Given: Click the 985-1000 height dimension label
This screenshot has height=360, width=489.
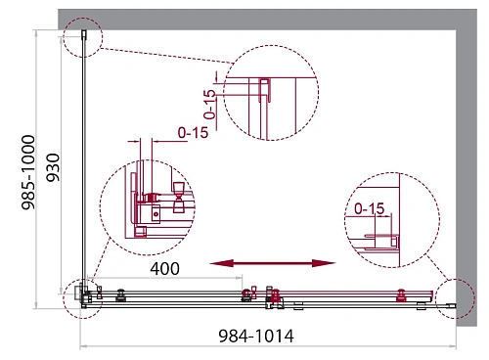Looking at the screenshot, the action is [27, 172].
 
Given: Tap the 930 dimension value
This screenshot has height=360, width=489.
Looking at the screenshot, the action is [53, 167].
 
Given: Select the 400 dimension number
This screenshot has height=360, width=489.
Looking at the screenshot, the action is [164, 268].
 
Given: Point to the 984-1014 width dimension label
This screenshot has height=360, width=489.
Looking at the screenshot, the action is [256, 336].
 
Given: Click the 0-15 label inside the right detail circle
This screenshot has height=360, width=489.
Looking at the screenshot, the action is [370, 208].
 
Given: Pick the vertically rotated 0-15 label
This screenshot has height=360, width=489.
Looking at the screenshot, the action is [209, 105].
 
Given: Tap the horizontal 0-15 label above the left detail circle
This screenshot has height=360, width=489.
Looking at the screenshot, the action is [193, 133].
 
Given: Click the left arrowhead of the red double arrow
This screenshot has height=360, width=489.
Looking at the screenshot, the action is [221, 263].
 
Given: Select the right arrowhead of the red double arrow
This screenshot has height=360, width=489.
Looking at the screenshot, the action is [324, 263].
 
